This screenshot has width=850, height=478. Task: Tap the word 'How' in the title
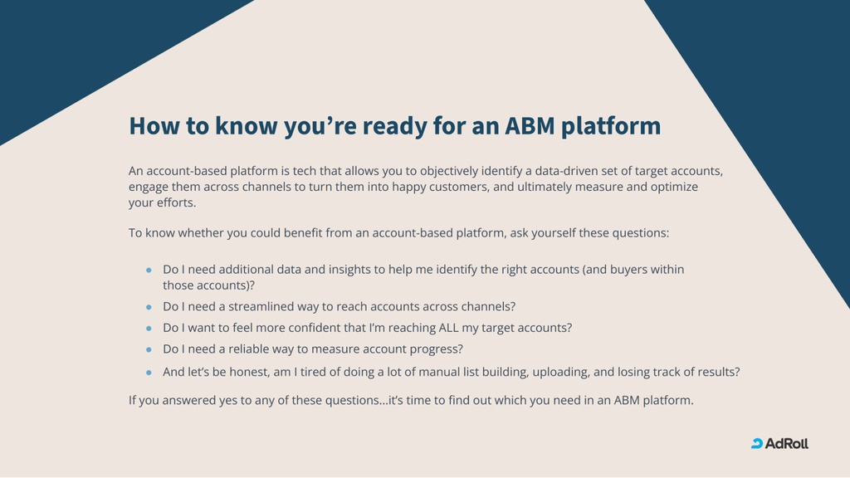coord(154,126)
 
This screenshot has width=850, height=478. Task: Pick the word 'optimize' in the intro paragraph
coord(674,187)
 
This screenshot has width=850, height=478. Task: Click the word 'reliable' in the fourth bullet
coord(248,349)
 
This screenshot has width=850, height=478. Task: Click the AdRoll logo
coord(779,443)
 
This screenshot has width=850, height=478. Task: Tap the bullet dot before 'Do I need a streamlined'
coord(149,307)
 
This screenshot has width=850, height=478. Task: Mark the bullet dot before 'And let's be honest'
coord(149,373)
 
